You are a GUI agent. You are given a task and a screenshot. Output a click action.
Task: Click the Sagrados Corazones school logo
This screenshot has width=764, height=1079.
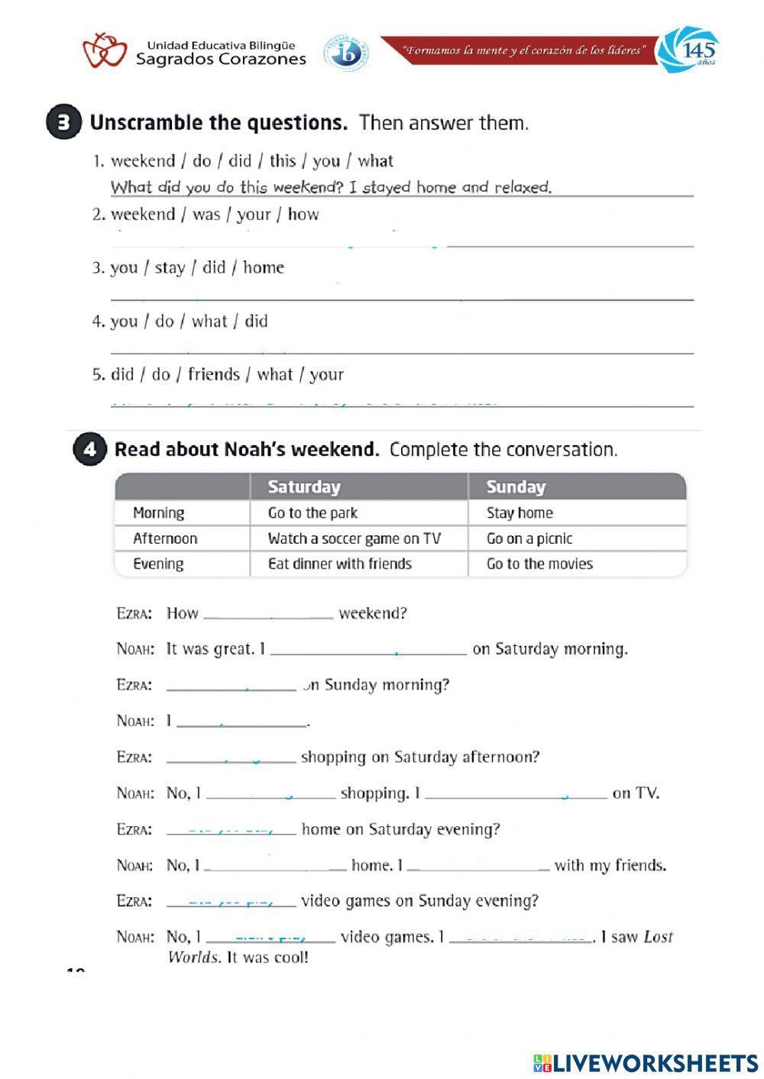pyautogui.click(x=105, y=51)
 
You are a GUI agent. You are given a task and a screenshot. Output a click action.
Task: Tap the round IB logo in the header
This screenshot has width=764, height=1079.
pyautogui.click(x=346, y=53)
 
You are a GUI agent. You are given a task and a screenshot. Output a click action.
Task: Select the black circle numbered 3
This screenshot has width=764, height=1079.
pyautogui.click(x=63, y=123)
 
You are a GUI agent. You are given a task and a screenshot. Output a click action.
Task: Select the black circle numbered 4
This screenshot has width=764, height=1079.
pyautogui.click(x=89, y=449)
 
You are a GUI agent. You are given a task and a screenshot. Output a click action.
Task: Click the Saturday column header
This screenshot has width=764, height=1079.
pyautogui.click(x=304, y=486)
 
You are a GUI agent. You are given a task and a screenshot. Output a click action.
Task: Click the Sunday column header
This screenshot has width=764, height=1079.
pyautogui.click(x=516, y=486)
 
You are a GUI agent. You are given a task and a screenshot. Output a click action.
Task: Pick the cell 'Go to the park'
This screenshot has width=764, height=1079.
pyautogui.click(x=312, y=512)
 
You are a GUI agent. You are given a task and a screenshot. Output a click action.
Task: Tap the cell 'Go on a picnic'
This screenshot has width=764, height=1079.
pyautogui.click(x=529, y=538)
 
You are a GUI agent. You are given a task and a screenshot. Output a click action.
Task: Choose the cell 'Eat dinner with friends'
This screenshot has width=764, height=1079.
pyautogui.click(x=339, y=564)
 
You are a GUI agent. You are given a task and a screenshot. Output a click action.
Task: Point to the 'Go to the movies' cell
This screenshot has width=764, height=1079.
pyautogui.click(x=539, y=564)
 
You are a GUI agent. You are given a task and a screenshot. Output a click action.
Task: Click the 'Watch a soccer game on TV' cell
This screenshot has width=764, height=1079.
pyautogui.click(x=354, y=538)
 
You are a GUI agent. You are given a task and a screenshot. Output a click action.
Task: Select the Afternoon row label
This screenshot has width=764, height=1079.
pyautogui.click(x=165, y=538)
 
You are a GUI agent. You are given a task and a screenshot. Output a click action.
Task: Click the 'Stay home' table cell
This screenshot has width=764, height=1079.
pyautogui.click(x=520, y=512)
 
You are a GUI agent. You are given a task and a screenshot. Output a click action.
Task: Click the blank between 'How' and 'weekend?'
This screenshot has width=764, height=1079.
pyautogui.click(x=268, y=612)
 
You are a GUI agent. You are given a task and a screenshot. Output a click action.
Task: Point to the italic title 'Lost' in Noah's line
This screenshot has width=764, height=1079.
pyautogui.click(x=658, y=937)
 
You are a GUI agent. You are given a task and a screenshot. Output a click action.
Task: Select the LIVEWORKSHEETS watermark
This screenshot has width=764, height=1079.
pyautogui.click(x=646, y=1062)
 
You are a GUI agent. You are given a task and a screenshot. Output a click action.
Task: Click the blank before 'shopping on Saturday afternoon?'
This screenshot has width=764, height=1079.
pyautogui.click(x=231, y=757)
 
